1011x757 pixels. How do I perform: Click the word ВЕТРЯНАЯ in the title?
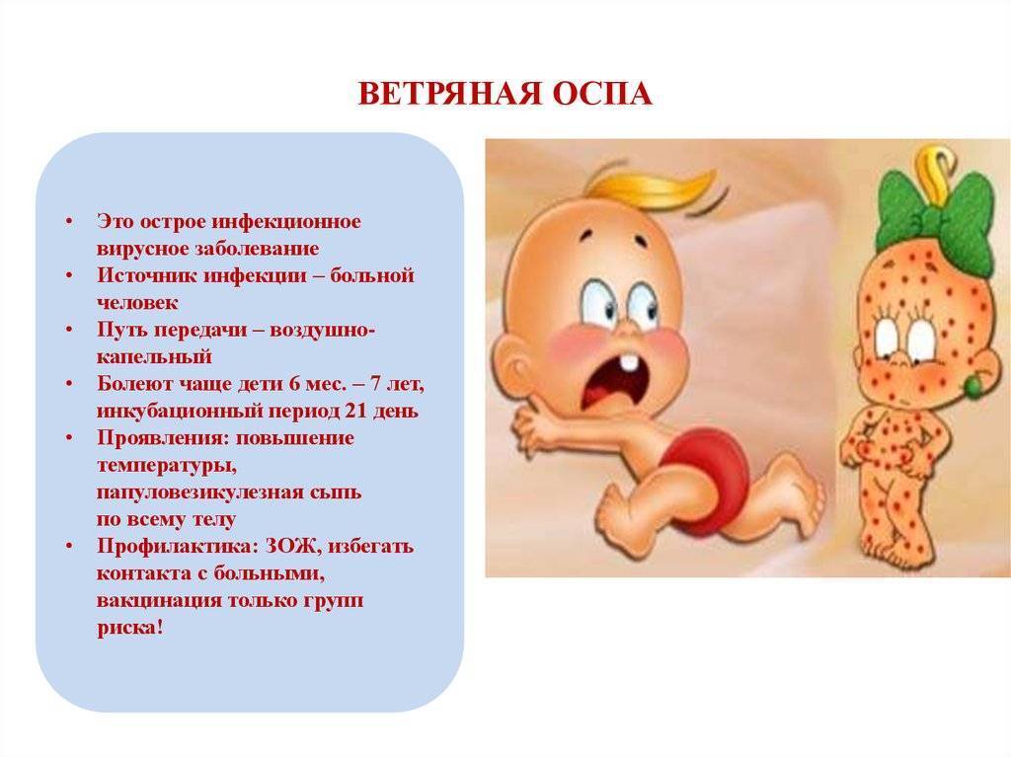tap(449, 94)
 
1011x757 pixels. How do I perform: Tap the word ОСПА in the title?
tap(602, 94)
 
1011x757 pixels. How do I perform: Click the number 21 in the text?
tap(356, 411)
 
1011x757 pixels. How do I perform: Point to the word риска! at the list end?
tap(130, 628)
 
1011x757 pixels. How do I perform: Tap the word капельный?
tap(154, 356)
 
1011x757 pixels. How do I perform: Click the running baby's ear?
tap(511, 372)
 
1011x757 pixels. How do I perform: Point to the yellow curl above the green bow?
tap(935, 166)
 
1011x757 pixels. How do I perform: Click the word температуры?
tap(171, 466)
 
